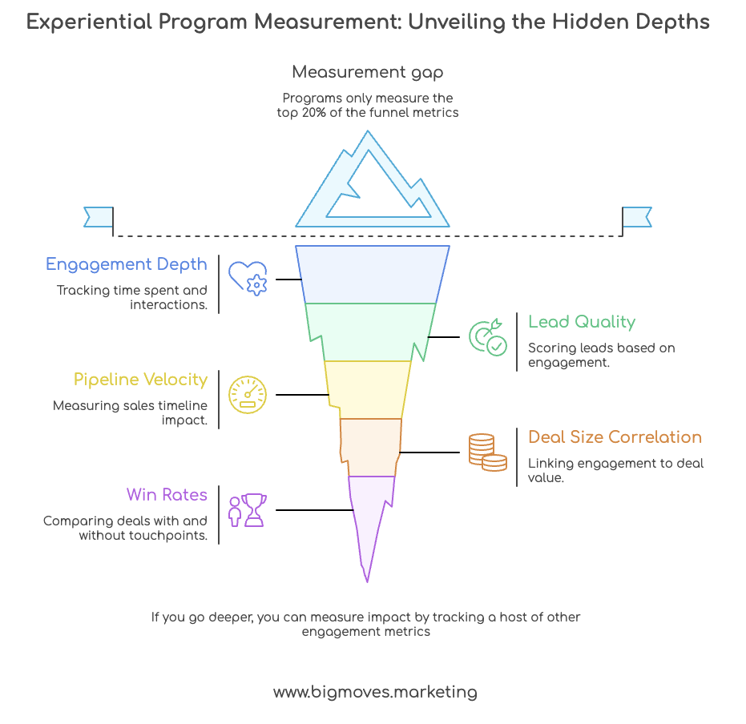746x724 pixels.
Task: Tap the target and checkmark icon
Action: point(487,337)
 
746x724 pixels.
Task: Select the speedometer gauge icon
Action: point(248,394)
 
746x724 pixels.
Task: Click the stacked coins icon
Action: point(487,452)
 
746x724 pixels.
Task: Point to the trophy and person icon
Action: point(248,509)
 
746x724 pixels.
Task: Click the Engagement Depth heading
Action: point(127,264)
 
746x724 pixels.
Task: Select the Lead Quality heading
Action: point(582,322)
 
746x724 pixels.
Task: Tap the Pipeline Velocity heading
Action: point(140,380)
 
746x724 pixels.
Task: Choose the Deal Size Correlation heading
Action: point(615,437)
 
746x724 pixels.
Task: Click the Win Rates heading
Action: point(167,495)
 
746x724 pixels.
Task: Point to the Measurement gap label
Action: point(368,72)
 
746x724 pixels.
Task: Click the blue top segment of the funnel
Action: point(372,274)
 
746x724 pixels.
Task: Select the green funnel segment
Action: point(370,332)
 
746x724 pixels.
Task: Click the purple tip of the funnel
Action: point(369,513)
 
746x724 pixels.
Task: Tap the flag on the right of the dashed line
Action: point(637,217)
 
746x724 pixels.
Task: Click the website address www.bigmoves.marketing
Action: point(375,692)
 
